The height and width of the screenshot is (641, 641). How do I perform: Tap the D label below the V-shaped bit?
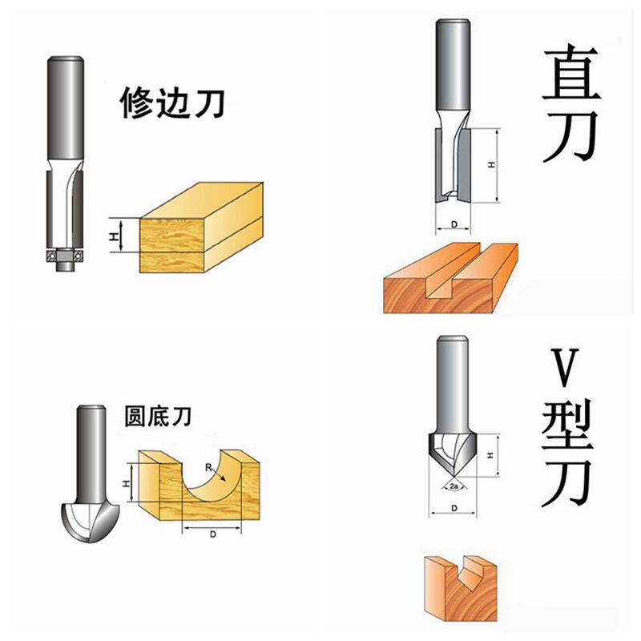click(453, 508)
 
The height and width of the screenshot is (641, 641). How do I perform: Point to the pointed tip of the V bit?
click(451, 474)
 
